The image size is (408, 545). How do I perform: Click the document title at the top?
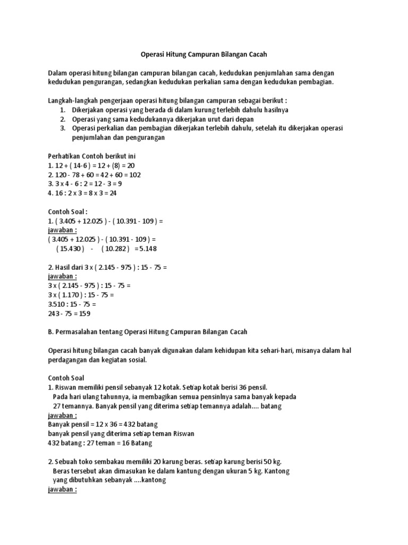[203, 54]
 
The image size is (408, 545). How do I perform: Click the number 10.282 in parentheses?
[115, 249]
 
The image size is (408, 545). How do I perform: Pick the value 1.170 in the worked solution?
[73, 295]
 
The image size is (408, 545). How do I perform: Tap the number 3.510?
[57, 304]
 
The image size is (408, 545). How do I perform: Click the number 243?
[54, 313]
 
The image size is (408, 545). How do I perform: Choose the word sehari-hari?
[269, 350]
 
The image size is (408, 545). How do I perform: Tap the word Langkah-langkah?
[71, 100]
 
